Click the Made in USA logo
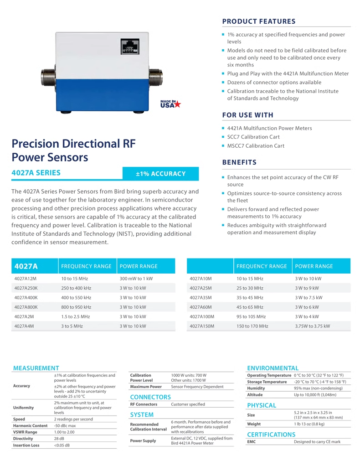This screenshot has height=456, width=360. click(x=170, y=104)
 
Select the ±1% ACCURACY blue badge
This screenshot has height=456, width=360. click(x=161, y=174)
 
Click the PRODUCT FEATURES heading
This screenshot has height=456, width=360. click(x=258, y=21)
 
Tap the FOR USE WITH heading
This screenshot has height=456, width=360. click(x=247, y=115)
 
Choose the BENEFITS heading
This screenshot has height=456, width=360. click(x=239, y=162)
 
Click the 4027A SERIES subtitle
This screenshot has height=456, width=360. click(x=36, y=173)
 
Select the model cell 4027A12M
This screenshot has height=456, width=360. click(x=26, y=279)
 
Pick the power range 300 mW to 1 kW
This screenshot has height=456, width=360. click(x=136, y=279)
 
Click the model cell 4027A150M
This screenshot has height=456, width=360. click(x=201, y=326)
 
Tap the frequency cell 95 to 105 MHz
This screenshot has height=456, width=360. click(x=250, y=316)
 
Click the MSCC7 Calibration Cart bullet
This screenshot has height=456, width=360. click(x=256, y=146)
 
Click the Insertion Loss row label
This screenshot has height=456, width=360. click(x=26, y=445)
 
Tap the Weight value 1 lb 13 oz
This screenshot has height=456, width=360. click(x=309, y=424)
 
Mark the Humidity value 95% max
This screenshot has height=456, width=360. click(x=318, y=388)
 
